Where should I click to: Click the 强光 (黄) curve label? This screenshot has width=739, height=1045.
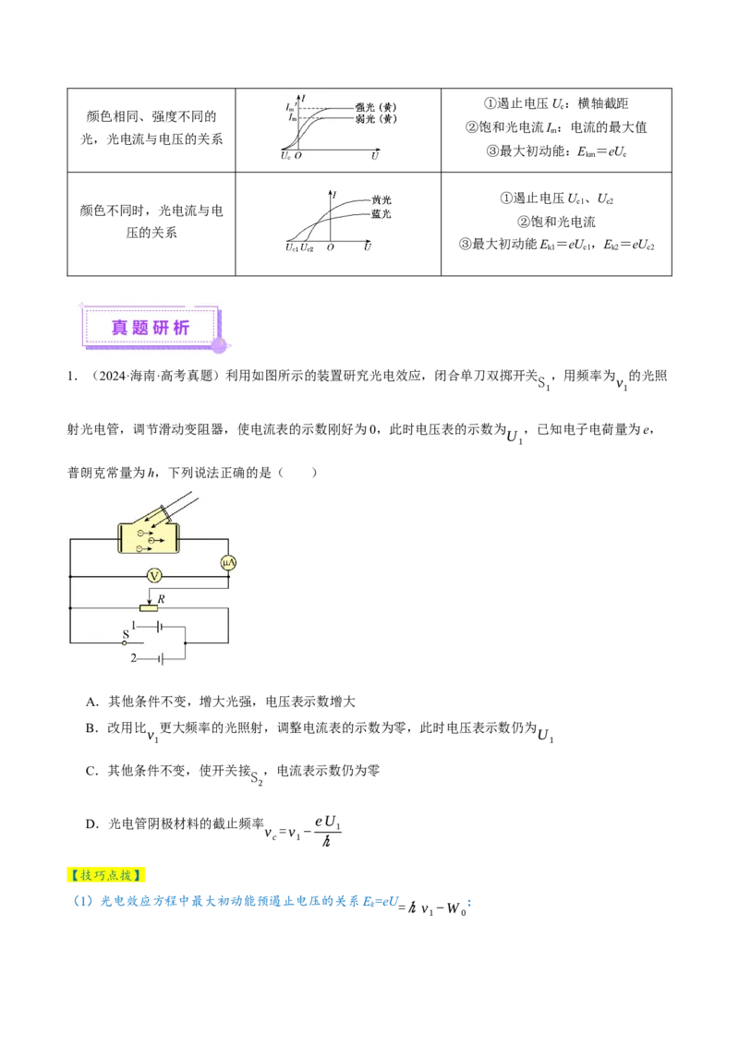(376, 107)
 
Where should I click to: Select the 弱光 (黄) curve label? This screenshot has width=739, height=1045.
(376, 119)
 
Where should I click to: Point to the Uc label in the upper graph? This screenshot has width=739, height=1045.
(285, 157)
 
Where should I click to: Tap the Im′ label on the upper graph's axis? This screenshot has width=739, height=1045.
(292, 108)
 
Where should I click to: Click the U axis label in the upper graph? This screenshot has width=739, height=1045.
(375, 157)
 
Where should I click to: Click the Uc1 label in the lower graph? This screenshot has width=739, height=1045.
(292, 247)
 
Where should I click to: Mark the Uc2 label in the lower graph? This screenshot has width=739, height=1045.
(308, 247)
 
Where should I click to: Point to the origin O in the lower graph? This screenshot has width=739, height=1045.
(331, 247)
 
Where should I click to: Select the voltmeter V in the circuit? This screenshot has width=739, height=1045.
(155, 575)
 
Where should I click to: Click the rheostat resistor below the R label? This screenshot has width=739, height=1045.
(148, 608)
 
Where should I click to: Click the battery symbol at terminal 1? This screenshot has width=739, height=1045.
(160, 626)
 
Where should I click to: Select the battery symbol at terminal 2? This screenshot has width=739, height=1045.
(160, 658)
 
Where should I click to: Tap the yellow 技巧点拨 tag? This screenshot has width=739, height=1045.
(107, 874)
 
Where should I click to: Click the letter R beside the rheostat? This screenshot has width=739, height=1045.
(162, 599)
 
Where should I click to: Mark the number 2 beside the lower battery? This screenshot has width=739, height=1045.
(134, 658)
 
